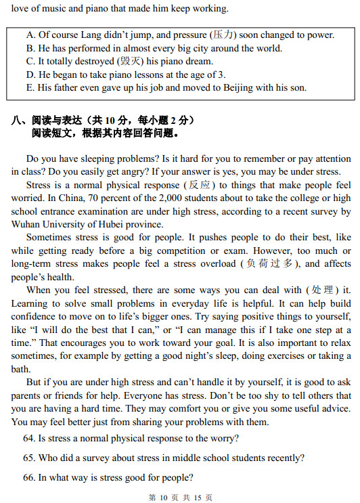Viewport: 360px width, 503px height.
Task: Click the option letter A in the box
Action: click(30, 35)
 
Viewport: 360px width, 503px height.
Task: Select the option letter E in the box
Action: click(29, 87)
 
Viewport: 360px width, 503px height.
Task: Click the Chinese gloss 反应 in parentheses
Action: click(201, 185)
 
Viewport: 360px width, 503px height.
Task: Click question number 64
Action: click(29, 438)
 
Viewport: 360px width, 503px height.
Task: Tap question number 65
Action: click(29, 458)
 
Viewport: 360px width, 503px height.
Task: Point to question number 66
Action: click(29, 477)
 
